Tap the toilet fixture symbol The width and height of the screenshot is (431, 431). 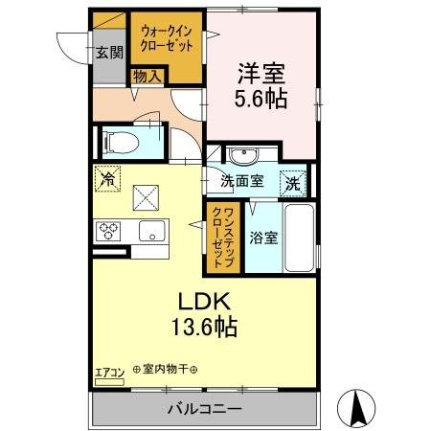coord(122,142)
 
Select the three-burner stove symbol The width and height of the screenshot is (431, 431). coord(107,232)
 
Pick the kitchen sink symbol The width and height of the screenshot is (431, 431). coord(150,232)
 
